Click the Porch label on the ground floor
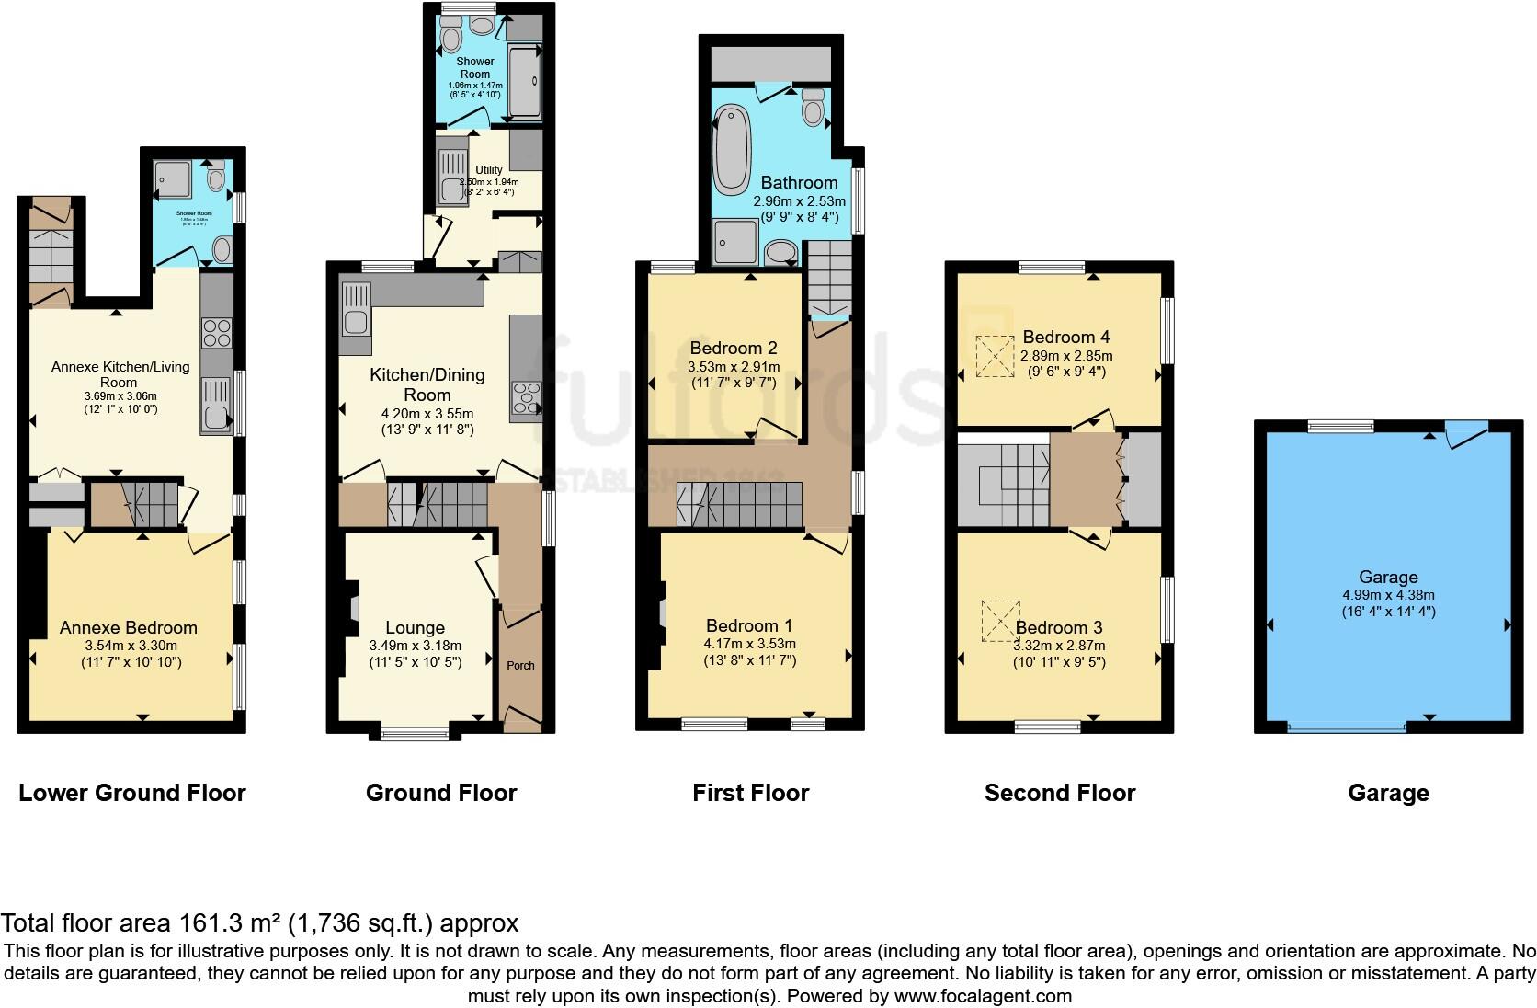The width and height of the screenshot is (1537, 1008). click(x=521, y=665)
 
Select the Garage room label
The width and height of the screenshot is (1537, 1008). click(x=1388, y=577)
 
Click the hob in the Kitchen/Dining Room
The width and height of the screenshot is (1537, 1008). click(x=526, y=401)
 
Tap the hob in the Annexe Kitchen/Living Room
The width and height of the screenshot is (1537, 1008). click(x=217, y=333)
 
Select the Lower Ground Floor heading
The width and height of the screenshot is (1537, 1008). click(x=132, y=793)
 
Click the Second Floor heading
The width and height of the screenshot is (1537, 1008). click(x=1060, y=793)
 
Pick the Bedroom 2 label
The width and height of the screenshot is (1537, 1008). click(x=734, y=348)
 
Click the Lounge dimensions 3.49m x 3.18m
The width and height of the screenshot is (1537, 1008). click(x=416, y=646)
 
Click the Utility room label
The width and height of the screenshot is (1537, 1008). click(x=489, y=170)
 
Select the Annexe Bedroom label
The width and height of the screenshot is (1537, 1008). click(x=129, y=627)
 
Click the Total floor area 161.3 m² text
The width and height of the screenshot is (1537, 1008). click(x=260, y=922)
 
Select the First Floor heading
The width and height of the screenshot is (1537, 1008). click(x=750, y=793)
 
